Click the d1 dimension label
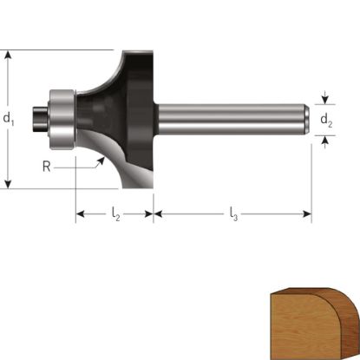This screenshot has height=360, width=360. pos(9,119)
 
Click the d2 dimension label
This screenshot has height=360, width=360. pos(326,121)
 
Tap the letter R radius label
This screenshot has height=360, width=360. pos(47,167)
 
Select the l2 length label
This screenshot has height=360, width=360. pos(115,214)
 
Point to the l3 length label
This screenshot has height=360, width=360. pos(233,214)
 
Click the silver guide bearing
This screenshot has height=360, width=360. pos(62,120)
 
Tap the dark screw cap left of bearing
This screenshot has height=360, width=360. pos(40,120)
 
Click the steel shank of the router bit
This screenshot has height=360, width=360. pos(232,120)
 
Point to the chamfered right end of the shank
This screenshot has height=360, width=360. pos(307,120)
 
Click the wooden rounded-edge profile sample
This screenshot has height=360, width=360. pos(315,324)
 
